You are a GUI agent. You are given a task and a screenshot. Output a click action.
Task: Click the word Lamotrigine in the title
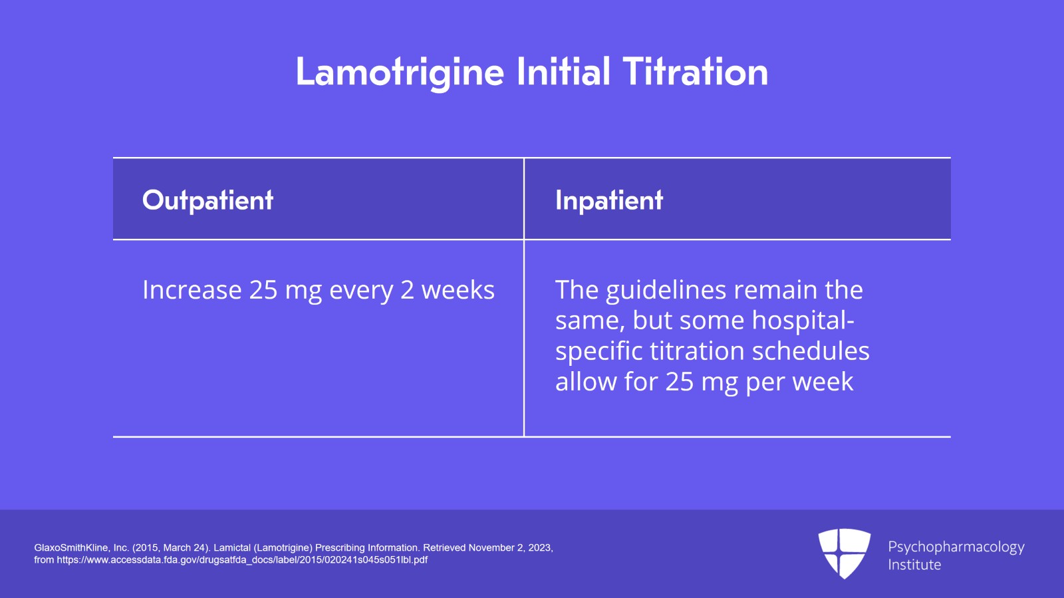[400, 72]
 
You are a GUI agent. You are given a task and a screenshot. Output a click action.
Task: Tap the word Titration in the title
[695, 72]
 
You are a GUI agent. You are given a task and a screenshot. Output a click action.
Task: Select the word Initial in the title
[563, 72]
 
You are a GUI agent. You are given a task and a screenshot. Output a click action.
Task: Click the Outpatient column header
[207, 200]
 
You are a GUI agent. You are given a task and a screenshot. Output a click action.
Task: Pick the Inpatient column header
[609, 200]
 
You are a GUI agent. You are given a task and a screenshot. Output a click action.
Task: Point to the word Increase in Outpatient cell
[192, 290]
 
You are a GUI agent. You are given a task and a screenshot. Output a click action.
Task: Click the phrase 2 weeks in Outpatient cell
[447, 290]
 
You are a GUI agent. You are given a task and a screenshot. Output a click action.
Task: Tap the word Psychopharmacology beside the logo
[956, 547]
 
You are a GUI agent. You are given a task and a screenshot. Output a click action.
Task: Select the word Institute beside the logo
[914, 565]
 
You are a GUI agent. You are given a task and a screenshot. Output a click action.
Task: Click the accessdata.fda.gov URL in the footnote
[242, 560]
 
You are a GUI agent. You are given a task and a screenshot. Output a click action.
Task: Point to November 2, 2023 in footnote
[509, 547]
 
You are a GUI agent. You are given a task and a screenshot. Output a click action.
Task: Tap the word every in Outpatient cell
[361, 290]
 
